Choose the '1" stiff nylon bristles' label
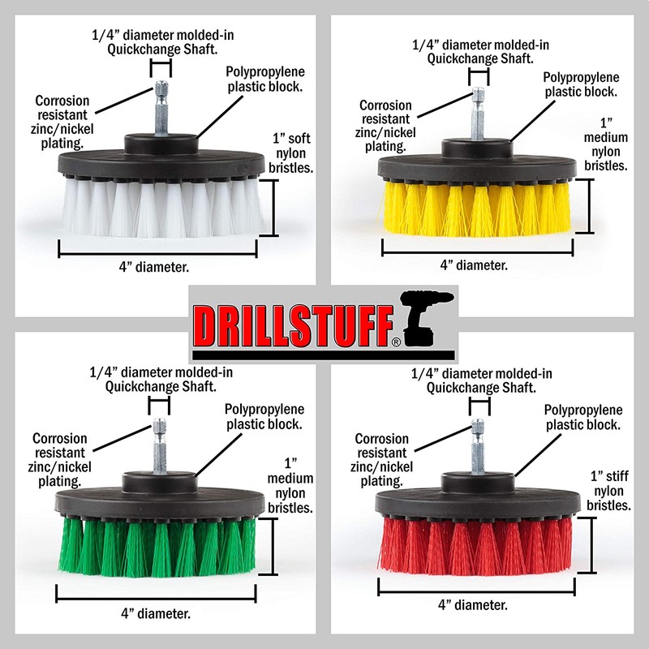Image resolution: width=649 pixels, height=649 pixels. point(609,490)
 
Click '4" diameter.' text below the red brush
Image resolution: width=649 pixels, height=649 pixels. point(474,604)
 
